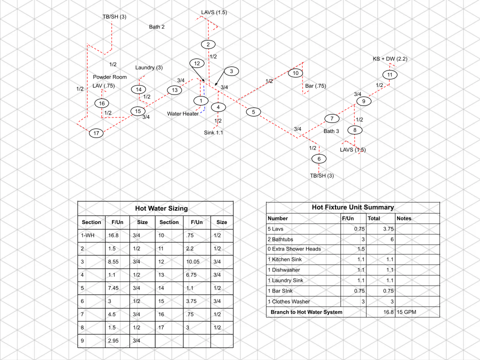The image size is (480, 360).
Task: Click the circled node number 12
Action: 197,63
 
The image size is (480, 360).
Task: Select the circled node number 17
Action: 96,133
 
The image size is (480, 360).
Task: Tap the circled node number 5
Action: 253,112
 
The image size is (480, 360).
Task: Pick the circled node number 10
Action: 295,73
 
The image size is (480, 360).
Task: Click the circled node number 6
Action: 318,159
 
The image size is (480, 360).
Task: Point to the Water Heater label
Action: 182,114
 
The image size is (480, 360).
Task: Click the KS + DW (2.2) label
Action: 390,58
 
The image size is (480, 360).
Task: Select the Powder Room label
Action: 110,77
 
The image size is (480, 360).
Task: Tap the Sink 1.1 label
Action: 213,132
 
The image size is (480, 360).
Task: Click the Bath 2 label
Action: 157,27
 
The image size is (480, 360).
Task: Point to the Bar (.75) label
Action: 315,86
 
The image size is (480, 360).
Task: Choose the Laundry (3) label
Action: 149,68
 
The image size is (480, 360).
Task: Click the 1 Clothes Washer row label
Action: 288,301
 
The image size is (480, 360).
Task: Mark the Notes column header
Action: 404,218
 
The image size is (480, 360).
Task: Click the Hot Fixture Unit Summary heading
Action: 352,207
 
